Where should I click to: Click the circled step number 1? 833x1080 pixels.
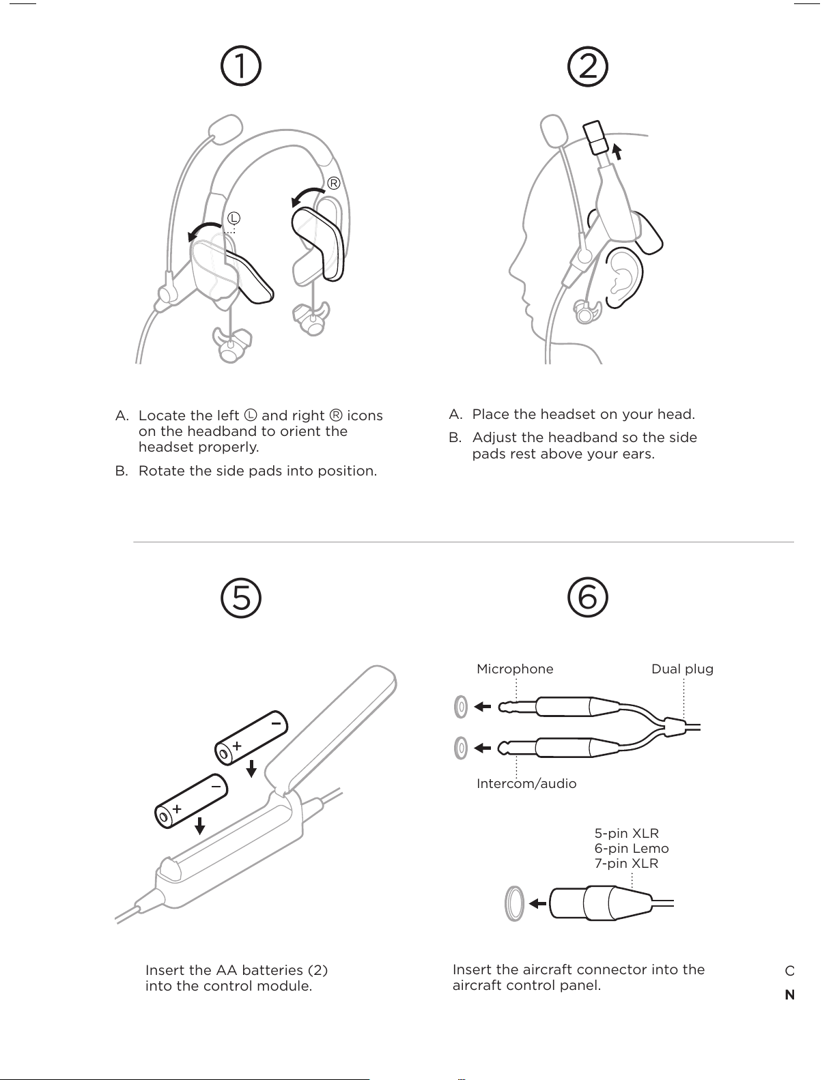241,67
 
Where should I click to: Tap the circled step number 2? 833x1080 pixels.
588,67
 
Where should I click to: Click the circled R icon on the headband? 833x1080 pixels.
333,184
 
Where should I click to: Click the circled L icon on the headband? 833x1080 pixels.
234,218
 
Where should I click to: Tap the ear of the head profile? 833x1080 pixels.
623,276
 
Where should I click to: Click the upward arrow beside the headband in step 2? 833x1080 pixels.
617,151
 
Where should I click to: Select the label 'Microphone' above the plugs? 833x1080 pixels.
515,669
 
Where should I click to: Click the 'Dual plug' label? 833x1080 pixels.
682,669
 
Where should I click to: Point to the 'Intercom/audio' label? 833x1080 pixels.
526,783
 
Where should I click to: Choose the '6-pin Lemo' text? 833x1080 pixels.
632,848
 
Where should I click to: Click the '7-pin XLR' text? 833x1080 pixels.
626,863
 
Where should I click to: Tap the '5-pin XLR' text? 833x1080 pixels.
626,833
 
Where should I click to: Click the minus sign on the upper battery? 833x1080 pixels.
277,722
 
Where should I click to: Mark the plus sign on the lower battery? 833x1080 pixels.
177,808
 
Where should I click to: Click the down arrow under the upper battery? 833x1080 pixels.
251,768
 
